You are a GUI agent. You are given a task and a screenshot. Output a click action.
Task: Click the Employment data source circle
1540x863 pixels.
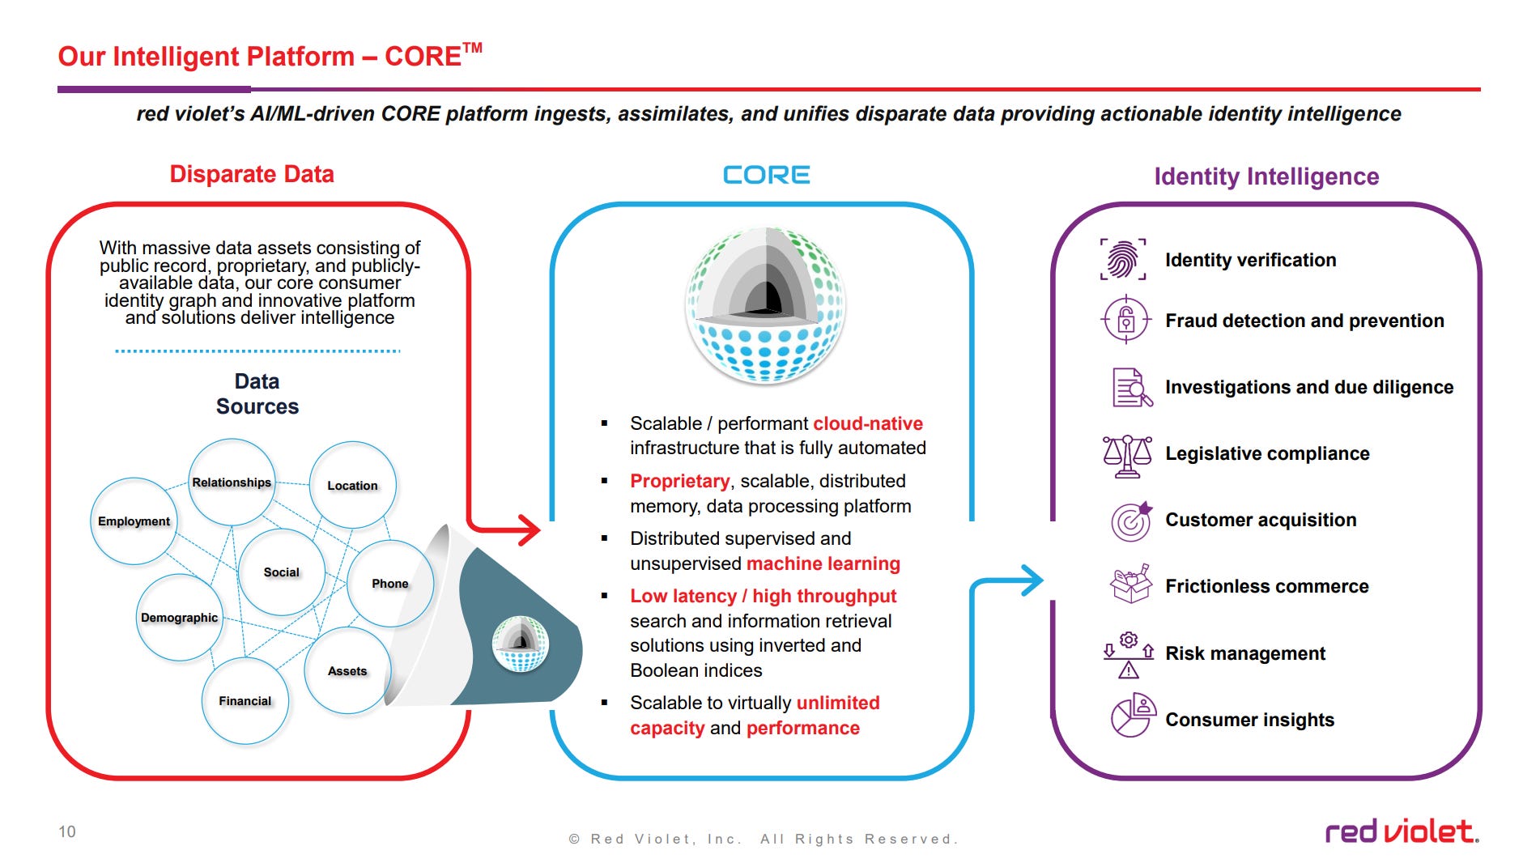(134, 521)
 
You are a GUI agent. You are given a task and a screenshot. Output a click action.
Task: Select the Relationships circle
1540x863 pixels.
(232, 483)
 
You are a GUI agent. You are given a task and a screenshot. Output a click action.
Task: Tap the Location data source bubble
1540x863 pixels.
(352, 485)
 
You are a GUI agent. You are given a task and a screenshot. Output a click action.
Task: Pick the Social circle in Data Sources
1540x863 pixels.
(282, 572)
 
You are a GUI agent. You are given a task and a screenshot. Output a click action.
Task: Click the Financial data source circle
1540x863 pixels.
(245, 701)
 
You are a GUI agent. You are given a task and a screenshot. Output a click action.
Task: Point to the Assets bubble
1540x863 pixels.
(347, 671)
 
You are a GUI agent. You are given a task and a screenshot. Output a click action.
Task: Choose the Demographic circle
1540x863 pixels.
(179, 618)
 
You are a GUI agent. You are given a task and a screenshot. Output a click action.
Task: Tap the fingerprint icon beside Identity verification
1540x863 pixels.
(1123, 259)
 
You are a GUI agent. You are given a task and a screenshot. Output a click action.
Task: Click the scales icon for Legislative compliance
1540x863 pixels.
(1127, 455)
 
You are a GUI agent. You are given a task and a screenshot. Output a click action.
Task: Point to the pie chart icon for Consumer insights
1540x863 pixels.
(1133, 716)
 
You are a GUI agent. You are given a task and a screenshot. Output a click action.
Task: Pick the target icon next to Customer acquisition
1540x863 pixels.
(1131, 521)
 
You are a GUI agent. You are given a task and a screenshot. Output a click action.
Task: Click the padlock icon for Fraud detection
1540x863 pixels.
(1125, 321)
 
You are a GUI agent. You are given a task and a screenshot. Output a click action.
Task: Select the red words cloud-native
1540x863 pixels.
(868, 423)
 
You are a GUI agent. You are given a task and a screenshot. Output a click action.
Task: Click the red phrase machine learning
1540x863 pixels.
(823, 563)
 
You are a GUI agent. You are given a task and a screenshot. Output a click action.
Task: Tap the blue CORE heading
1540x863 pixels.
(766, 175)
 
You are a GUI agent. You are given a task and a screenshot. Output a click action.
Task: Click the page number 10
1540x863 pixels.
(67, 831)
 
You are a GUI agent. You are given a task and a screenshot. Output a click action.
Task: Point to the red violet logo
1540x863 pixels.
(1402, 831)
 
